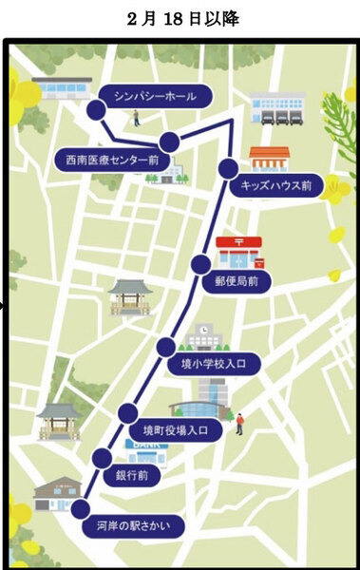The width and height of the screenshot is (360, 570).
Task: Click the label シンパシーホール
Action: (x=156, y=96)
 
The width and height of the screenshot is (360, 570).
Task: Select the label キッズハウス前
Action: (x=275, y=185)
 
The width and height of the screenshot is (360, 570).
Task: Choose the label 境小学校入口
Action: (x=214, y=363)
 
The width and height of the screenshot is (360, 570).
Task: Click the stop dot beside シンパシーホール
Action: (x=95, y=111)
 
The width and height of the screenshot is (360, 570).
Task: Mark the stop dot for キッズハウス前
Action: (x=227, y=168)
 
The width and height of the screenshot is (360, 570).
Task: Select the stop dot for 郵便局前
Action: (x=200, y=264)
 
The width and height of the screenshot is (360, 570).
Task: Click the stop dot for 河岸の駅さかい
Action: (x=80, y=508)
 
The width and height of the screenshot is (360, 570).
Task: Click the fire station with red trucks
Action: (x=277, y=108)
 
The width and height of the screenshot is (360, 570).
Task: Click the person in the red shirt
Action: (x=240, y=422)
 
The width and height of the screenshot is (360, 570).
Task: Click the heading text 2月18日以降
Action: (x=181, y=18)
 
